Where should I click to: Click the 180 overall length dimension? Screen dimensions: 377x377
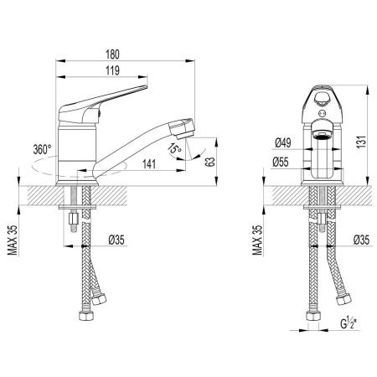[x=112, y=54]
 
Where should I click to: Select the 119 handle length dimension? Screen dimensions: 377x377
[x=112, y=70]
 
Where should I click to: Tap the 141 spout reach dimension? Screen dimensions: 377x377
[x=149, y=164]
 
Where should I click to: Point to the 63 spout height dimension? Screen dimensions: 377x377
[x=211, y=162]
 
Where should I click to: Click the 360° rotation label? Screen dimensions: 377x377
[x=42, y=149]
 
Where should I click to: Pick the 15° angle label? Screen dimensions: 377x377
[x=174, y=148]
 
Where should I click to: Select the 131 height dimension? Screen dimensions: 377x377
[x=362, y=142]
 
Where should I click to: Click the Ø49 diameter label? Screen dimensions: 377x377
[x=283, y=143]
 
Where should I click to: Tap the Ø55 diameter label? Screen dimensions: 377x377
[x=281, y=163]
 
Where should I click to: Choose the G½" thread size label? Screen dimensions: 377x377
[x=349, y=323]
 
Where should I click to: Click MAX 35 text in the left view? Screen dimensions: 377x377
[x=13, y=240]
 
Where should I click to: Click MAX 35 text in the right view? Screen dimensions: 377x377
[x=257, y=240]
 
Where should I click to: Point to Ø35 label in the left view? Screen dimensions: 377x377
[x=116, y=240]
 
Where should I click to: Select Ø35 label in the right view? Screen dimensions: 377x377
[x=361, y=240]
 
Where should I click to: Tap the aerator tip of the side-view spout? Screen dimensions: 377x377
[x=182, y=129]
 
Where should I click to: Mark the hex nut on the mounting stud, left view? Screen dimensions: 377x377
[x=74, y=219]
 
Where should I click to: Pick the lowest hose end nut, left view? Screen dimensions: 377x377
[x=86, y=315]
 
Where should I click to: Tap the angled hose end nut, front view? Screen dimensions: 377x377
[x=343, y=300]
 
